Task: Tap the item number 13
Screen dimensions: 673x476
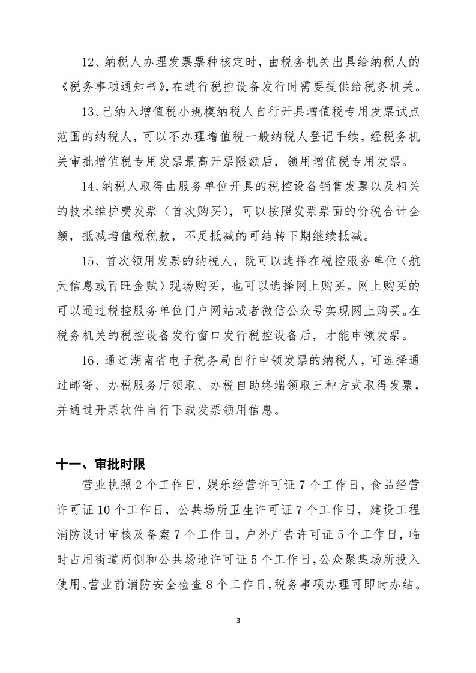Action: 90,111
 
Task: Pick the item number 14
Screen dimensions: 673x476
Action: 90,186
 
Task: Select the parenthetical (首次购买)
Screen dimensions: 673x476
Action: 176,211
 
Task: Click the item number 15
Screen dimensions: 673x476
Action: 90,261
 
